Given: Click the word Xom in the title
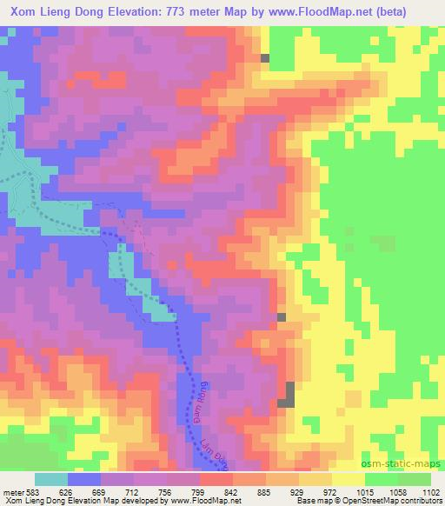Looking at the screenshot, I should pos(27,10).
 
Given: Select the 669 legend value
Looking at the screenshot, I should pos(103,490).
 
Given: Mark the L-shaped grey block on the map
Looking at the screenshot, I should pos(288,396).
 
